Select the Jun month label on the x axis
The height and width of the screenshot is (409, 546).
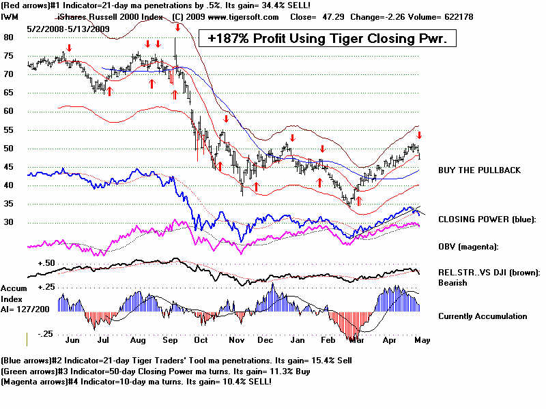tap(72, 338)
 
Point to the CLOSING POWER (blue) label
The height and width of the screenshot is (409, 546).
tap(487, 219)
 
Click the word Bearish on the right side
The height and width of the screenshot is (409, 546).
tap(454, 283)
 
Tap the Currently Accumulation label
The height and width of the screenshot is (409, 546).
tap(483, 316)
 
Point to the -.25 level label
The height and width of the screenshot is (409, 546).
tap(45, 333)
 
